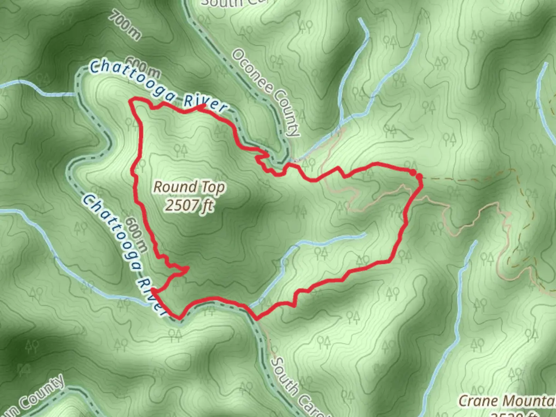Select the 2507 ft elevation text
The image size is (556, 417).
point(189,205)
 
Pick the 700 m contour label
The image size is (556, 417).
point(125,25)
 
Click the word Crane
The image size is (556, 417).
point(477,401)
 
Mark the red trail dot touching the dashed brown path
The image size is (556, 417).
point(419,177)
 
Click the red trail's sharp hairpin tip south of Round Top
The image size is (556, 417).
point(188,268)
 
